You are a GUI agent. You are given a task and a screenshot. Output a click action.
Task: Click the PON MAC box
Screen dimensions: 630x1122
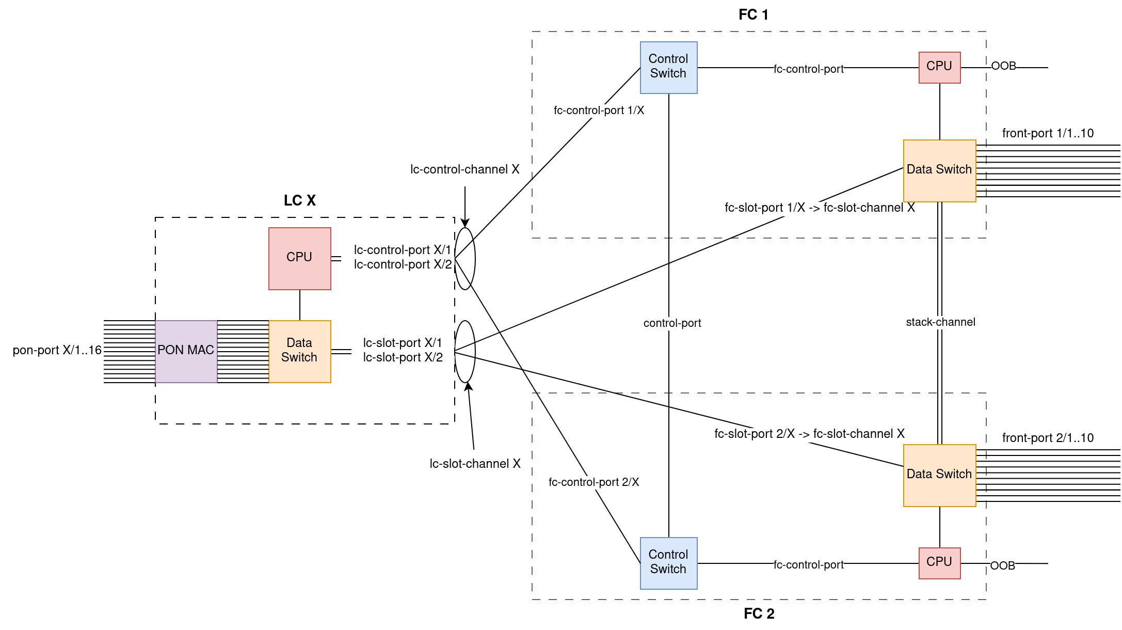186,351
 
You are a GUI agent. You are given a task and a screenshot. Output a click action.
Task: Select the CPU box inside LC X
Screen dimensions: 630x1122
299,258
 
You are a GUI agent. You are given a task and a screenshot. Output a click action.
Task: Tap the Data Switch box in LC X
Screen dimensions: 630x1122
299,351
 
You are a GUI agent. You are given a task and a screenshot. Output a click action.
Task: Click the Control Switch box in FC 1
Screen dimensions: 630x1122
668,67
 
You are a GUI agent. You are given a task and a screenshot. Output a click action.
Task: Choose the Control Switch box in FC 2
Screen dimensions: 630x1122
668,563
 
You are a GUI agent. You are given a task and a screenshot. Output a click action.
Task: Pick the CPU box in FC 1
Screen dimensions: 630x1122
939,67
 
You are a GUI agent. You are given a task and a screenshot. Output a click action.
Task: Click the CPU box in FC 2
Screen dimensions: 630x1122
939,563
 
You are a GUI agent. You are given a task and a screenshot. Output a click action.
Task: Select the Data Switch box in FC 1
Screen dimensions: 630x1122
939,170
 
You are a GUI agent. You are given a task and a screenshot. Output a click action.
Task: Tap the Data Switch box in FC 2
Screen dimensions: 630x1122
939,475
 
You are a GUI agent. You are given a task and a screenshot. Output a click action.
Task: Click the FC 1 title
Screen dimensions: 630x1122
754,15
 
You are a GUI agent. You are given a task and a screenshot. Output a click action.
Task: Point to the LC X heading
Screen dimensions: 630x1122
300,200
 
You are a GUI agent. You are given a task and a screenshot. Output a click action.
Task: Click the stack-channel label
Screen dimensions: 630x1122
940,322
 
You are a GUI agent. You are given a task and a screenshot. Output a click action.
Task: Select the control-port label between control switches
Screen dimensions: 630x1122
672,323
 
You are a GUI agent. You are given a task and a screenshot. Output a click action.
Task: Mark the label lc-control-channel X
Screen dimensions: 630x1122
464,169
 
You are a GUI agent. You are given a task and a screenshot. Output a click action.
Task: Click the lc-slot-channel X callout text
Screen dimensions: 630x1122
475,464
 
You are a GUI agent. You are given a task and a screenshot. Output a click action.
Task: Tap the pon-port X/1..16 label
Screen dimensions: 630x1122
57,350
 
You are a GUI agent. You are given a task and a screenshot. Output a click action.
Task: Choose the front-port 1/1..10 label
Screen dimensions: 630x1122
1048,133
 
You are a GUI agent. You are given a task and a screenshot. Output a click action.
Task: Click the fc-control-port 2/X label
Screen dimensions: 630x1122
594,482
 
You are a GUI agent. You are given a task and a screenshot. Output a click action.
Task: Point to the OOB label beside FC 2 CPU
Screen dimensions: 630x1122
1003,566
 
